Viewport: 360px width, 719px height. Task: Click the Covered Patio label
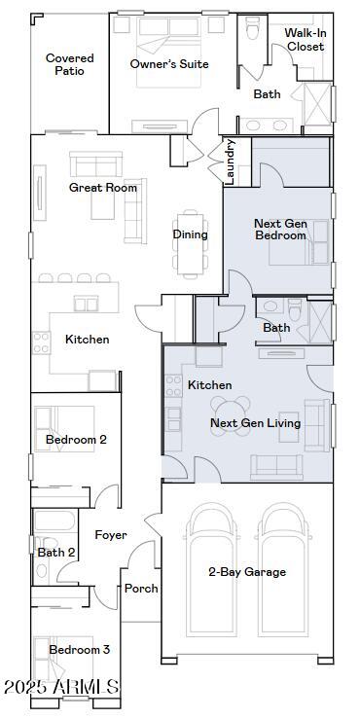(x=70, y=64)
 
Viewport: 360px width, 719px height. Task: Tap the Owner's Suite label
(x=169, y=64)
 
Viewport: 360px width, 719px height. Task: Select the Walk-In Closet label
(x=306, y=40)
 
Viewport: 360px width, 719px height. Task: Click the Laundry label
(x=231, y=162)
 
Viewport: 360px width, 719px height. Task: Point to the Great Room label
(x=103, y=187)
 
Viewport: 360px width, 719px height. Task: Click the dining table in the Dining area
(x=190, y=244)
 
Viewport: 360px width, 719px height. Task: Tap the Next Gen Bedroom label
(x=280, y=230)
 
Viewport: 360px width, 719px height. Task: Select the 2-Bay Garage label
(x=247, y=571)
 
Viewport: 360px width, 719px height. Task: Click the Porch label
(x=141, y=589)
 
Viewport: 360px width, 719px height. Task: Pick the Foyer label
(x=111, y=535)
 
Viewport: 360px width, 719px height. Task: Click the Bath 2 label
(x=56, y=553)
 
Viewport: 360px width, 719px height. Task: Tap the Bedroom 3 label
(x=80, y=649)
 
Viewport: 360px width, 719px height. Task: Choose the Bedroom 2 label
(x=76, y=440)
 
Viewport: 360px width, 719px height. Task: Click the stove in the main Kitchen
(x=41, y=343)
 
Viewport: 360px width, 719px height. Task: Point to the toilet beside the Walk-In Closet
(x=252, y=28)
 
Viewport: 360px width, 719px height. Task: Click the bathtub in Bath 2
(x=54, y=521)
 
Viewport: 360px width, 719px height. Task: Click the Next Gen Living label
(x=256, y=423)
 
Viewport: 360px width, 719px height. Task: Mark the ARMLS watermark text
(x=61, y=687)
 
